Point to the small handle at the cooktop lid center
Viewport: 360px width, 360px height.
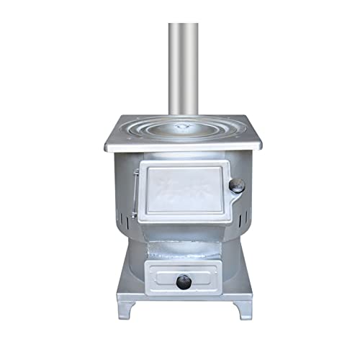click(184, 127)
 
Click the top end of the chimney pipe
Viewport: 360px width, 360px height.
click(184, 26)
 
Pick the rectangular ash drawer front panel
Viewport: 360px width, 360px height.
click(183, 274)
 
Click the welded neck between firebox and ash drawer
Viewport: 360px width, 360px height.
click(183, 245)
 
